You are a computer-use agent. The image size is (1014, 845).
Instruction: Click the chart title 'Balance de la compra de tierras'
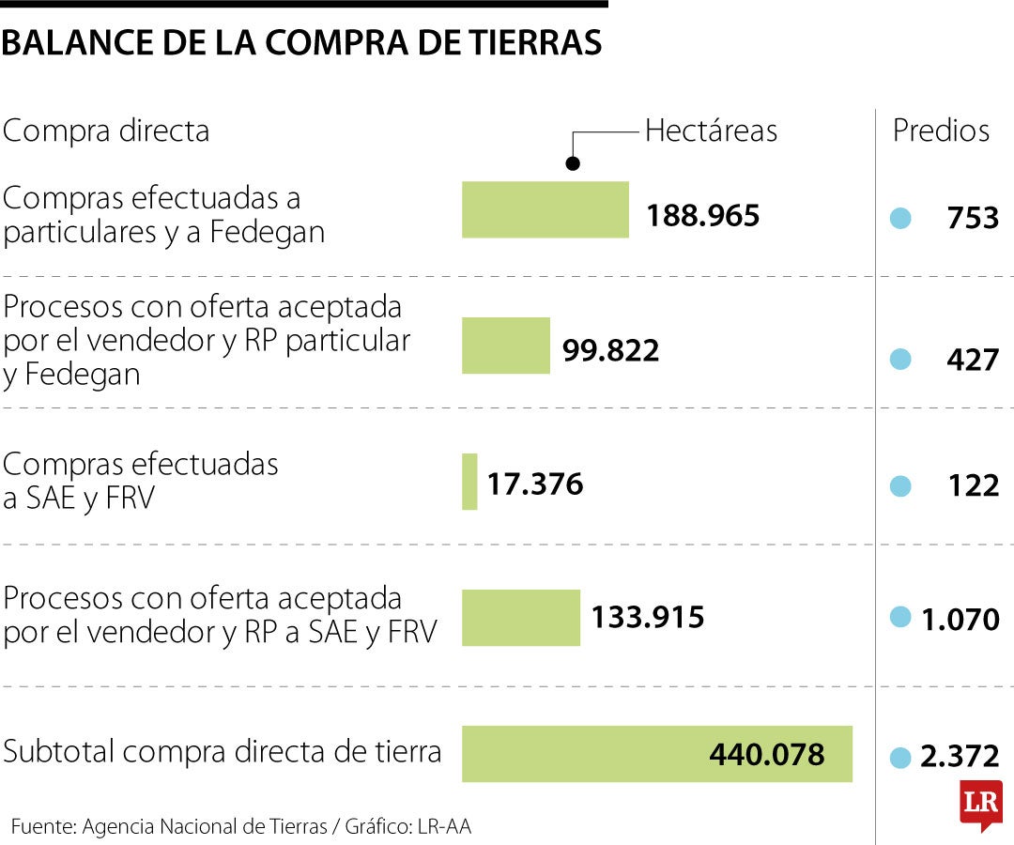pyautogui.click(x=301, y=43)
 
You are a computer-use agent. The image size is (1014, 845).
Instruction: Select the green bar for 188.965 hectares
pyautogui.click(x=545, y=209)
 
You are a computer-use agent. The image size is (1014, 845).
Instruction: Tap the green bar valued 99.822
pyautogui.click(x=505, y=346)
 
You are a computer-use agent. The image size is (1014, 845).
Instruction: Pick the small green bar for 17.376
pyautogui.click(x=469, y=482)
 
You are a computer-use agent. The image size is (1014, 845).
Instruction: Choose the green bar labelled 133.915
pyautogui.click(x=520, y=618)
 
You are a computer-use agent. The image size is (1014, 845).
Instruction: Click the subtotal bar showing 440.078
pyautogui.click(x=656, y=753)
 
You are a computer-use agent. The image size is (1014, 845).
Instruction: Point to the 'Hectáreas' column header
pyautogui.click(x=711, y=131)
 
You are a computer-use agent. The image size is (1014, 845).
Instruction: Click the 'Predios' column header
pyautogui.click(x=941, y=131)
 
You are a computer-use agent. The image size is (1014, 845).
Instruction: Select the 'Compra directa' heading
pyautogui.click(x=106, y=131)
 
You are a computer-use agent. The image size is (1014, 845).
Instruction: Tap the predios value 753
pyautogui.click(x=973, y=218)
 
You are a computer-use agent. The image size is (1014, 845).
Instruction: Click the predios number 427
pyautogui.click(x=973, y=359)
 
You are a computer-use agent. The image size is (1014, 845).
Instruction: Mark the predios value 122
pyautogui.click(x=973, y=485)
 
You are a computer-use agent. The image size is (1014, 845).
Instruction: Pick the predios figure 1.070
pyautogui.click(x=960, y=620)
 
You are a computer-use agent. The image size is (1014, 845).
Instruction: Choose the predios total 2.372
pyautogui.click(x=960, y=756)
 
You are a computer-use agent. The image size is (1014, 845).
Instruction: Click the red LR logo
pyautogui.click(x=980, y=804)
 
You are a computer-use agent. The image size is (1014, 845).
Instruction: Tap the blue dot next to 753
pyautogui.click(x=900, y=219)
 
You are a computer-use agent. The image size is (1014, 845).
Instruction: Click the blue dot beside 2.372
pyautogui.click(x=900, y=757)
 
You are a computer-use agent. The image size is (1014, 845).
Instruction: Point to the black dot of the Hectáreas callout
pyautogui.click(x=574, y=163)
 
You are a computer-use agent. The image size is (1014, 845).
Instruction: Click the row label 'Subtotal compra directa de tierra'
pyautogui.click(x=223, y=752)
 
